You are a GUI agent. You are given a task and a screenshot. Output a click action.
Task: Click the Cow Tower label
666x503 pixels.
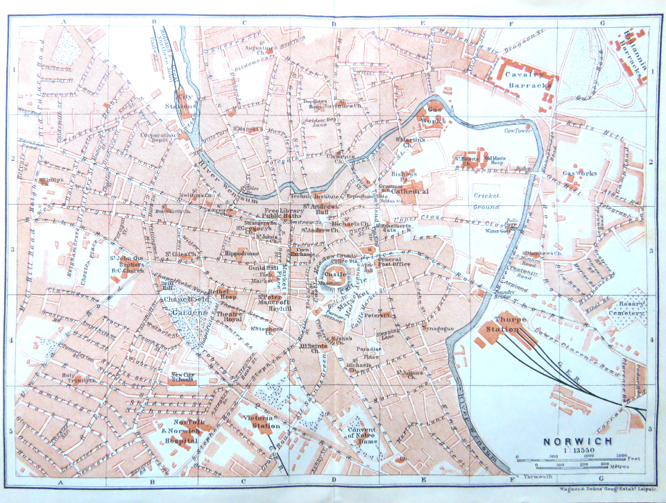[x=517, y=130]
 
